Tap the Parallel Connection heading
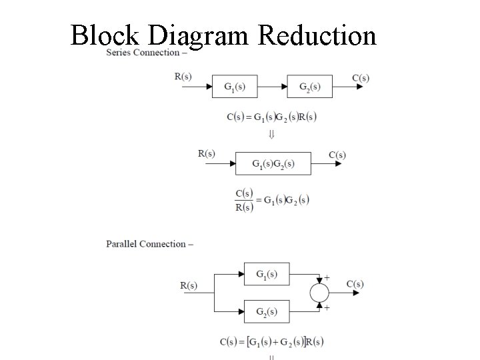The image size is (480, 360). click(x=149, y=244)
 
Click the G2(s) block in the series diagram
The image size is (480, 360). click(x=309, y=87)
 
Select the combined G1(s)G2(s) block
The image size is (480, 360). click(x=273, y=163)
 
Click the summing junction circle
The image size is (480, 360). click(x=320, y=292)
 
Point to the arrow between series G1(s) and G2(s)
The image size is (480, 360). click(x=272, y=87)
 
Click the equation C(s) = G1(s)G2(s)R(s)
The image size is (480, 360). click(x=271, y=117)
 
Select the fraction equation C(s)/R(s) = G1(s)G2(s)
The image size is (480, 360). click(x=272, y=200)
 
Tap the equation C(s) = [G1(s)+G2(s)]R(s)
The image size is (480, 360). click(x=272, y=342)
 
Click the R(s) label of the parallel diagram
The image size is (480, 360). click(x=189, y=286)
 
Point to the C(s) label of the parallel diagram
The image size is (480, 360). click(x=355, y=284)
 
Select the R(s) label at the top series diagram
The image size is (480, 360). click(x=183, y=77)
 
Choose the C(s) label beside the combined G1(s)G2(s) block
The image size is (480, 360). click(x=337, y=155)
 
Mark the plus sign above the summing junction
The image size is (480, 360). click(x=327, y=276)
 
